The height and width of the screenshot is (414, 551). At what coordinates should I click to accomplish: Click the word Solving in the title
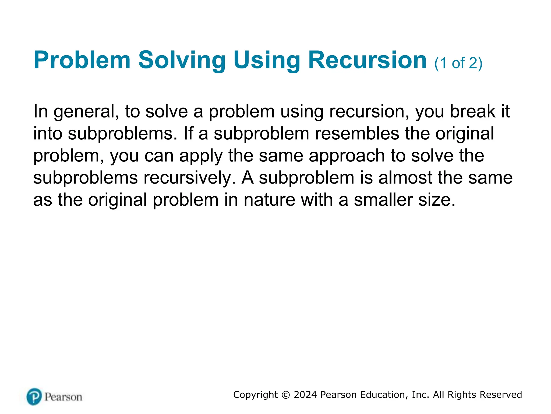(182, 60)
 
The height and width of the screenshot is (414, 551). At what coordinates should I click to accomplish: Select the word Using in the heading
(266, 60)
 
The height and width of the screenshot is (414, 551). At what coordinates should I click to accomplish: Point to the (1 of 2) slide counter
(458, 63)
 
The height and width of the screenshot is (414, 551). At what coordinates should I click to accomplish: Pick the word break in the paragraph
(472, 111)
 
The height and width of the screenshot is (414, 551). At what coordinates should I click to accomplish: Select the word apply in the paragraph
(201, 156)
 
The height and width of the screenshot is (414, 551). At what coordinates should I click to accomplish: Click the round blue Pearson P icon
(34, 396)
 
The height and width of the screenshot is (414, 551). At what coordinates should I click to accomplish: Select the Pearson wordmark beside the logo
(63, 397)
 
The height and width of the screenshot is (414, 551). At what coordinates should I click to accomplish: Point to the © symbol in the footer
(286, 395)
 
